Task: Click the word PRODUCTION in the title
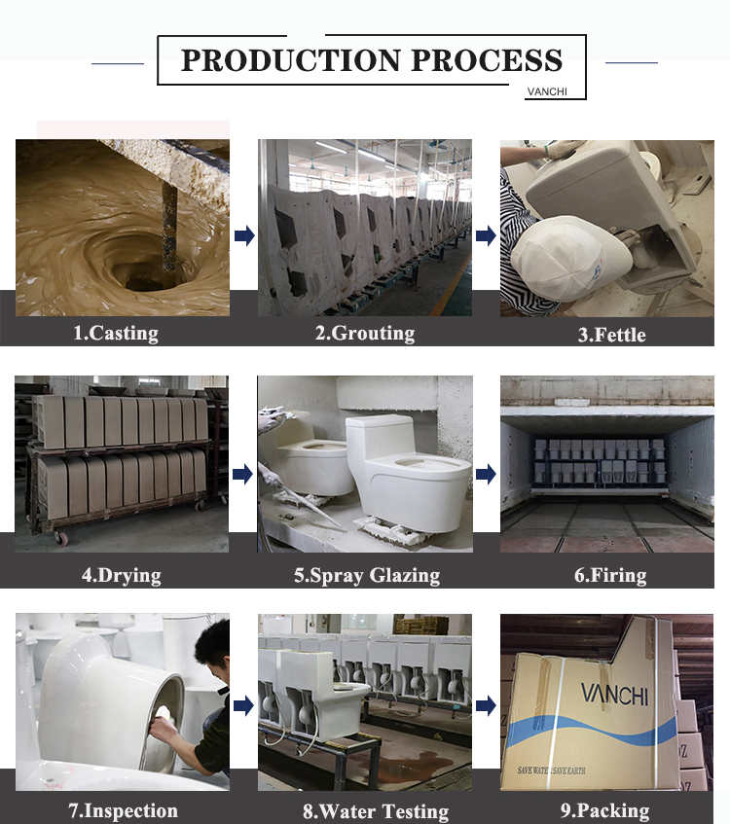[x=290, y=60]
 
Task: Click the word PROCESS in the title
[x=487, y=60]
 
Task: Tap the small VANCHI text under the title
[x=547, y=91]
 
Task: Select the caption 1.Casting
[x=116, y=333]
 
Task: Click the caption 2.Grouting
[x=365, y=333]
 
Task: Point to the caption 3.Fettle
[x=611, y=335]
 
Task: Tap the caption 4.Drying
[x=122, y=575]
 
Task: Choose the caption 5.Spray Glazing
[x=367, y=575]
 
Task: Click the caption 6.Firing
[x=610, y=575]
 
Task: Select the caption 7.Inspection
[x=123, y=810]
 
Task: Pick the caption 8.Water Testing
[x=376, y=810]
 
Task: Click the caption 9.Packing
[x=604, y=810]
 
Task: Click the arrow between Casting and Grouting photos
[x=244, y=235]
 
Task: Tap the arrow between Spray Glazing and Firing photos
[x=486, y=474]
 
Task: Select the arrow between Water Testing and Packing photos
[x=486, y=705]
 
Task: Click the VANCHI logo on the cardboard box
[x=614, y=694]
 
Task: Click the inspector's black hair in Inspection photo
[x=213, y=645]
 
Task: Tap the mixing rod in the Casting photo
[x=169, y=226]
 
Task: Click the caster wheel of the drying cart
[x=61, y=539]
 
